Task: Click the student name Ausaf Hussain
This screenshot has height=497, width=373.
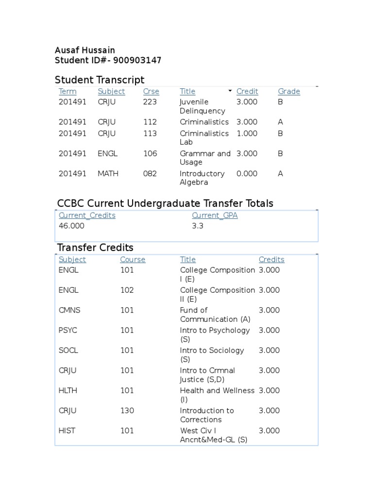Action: (x=85, y=50)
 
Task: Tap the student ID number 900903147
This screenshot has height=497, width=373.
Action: (x=137, y=61)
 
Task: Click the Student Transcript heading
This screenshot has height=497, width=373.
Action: (x=100, y=80)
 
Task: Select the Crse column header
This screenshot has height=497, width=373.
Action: (x=151, y=91)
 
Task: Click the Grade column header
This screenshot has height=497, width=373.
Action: (x=288, y=91)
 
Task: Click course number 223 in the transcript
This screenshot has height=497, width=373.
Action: (x=150, y=102)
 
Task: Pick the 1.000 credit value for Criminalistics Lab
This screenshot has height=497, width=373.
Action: (x=247, y=133)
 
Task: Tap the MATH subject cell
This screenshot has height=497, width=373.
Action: (x=108, y=174)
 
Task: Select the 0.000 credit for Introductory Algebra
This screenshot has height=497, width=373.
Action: (x=247, y=174)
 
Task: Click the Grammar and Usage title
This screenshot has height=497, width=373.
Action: (x=205, y=158)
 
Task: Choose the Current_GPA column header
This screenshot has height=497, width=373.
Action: (x=215, y=215)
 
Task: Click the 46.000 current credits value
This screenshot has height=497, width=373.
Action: (x=71, y=226)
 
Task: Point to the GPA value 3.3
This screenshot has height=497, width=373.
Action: (x=197, y=226)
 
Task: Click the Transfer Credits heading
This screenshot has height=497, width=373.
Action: (x=95, y=248)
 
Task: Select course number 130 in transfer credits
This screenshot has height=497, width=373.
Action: (x=127, y=411)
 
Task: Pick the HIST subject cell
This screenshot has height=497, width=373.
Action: (x=67, y=431)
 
